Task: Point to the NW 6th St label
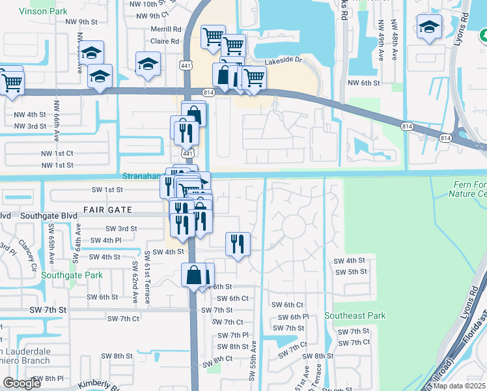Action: (x=363, y=83)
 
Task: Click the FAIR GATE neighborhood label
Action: (x=107, y=210)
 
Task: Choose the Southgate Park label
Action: (x=72, y=275)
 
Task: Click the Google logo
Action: (x=21, y=383)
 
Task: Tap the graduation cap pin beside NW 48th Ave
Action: (x=429, y=27)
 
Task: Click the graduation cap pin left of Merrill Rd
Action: (x=148, y=64)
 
